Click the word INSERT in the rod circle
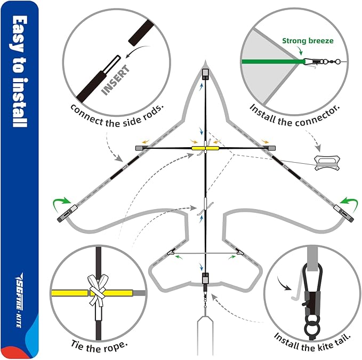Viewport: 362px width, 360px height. pos(116,80)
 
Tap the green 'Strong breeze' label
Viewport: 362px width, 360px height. pos(308,41)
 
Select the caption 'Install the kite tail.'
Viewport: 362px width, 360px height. pos(312,342)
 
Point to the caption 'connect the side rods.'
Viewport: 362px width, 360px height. pos(117,115)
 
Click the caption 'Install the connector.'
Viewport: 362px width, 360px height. pos(295,115)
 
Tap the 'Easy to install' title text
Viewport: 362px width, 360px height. pos(20,71)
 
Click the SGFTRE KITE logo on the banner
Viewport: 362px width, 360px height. pos(19,300)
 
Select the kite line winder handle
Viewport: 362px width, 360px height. pos(327,163)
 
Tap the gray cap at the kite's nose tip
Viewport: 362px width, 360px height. pos(205,74)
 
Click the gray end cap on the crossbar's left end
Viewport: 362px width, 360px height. pos(139,148)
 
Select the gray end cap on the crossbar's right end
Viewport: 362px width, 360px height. pos(272,148)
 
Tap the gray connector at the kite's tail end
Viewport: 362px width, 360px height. pos(205,278)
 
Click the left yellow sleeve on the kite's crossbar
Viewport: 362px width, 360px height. pos(198,148)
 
